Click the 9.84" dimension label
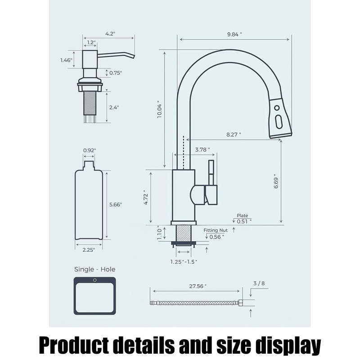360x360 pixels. (234, 35)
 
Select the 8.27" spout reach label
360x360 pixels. (234, 135)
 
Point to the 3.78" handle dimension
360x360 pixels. (202, 150)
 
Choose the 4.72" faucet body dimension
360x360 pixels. (146, 198)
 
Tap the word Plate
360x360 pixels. (243, 216)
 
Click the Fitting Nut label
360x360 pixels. (216, 230)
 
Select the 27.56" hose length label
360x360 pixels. (198, 286)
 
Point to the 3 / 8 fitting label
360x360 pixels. (259, 283)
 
